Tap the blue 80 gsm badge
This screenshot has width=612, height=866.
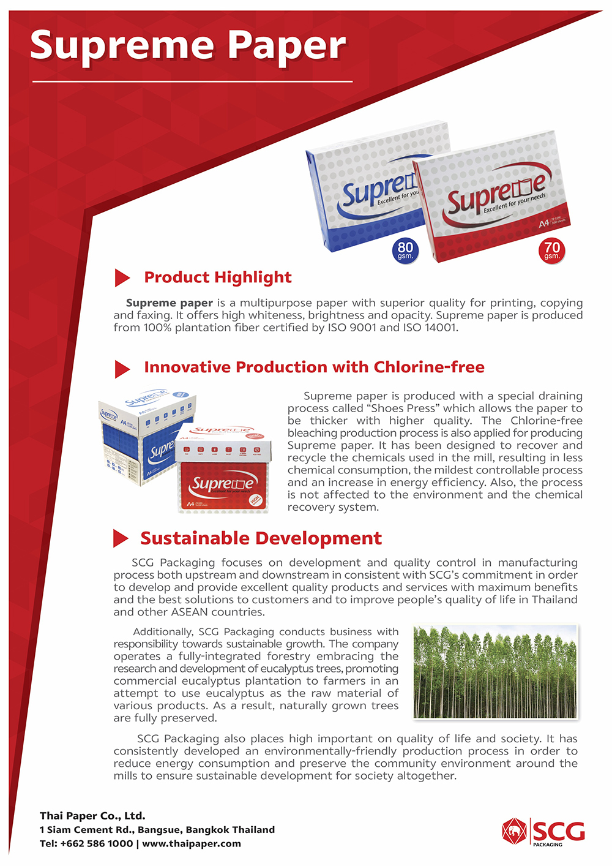405,250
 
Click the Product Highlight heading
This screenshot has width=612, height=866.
218,277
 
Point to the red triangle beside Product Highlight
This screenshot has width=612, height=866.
122,277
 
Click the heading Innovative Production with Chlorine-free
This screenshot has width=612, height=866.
314,367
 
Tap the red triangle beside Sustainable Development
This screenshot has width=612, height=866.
121,538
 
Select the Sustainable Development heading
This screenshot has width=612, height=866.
261,538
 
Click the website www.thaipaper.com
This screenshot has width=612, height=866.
192,843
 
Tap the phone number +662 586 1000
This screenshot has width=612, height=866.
97,843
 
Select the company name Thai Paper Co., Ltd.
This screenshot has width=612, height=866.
92,816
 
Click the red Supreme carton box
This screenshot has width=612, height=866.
223,468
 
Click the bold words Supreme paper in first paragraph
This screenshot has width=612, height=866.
170,303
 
